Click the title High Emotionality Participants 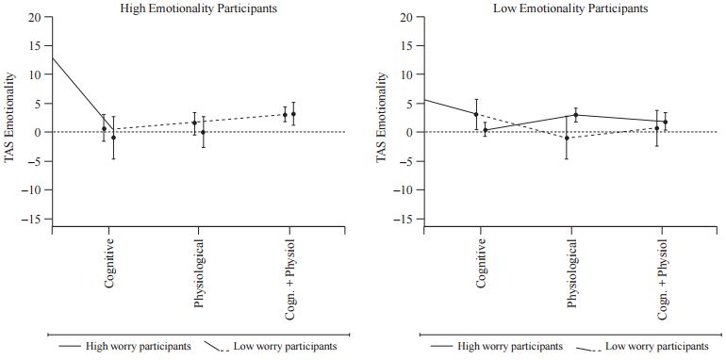[199, 8]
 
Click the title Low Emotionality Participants [570, 8]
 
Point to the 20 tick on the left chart [34, 17]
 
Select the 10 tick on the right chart [406, 74]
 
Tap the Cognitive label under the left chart [109, 263]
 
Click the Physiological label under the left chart [199, 273]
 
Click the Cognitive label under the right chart [482, 263]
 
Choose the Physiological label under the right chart [571, 273]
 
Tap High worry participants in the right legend [510, 346]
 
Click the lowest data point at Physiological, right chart [567, 138]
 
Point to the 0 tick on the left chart [38, 132]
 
